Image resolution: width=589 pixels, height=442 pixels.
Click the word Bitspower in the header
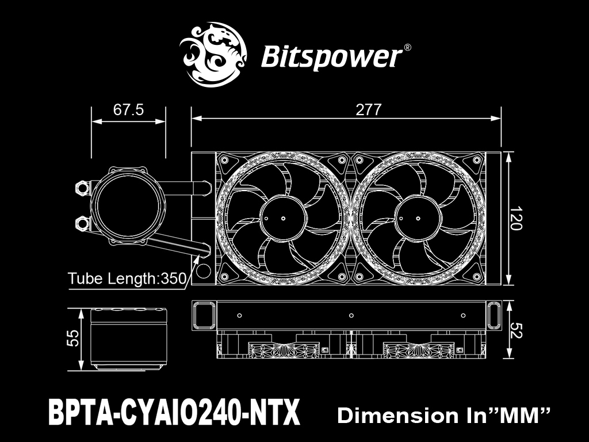click(331, 57)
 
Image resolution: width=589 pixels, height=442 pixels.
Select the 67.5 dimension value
click(128, 110)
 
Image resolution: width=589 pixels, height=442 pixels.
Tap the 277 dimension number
click(369, 110)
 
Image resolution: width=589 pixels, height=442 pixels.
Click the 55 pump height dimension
click(73, 338)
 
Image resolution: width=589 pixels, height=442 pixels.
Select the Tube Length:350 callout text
click(127, 279)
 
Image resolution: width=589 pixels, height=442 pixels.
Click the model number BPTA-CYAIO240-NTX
click(174, 412)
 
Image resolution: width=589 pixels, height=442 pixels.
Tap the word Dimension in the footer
click(398, 416)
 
